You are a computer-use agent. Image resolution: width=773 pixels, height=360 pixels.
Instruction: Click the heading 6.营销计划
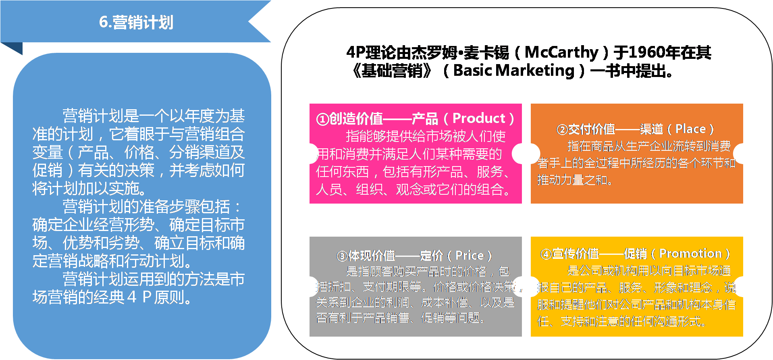(136, 23)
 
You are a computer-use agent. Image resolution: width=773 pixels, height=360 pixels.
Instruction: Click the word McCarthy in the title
(561, 52)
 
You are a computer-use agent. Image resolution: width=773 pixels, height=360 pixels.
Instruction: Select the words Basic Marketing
(513, 71)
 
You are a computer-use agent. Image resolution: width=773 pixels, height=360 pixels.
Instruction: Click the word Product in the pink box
(478, 118)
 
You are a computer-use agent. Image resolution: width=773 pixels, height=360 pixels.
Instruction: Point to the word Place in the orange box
(690, 129)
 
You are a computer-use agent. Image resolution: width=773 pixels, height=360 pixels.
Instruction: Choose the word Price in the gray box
(469, 256)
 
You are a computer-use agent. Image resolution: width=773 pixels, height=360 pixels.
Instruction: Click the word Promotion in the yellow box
(690, 254)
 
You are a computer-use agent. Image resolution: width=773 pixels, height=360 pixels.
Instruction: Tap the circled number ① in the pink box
(322, 119)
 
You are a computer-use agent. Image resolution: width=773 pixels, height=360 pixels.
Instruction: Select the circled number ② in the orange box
(562, 130)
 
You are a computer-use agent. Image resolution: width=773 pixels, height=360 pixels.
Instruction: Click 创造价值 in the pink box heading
(356, 119)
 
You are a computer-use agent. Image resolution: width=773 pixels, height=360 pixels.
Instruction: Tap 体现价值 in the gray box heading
(371, 256)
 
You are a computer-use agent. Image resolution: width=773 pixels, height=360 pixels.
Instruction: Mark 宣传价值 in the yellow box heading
(575, 254)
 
